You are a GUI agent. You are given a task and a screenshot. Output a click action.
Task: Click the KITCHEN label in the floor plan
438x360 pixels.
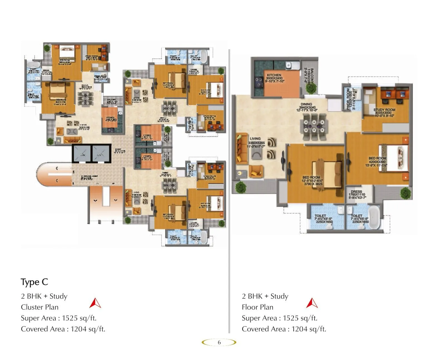coord(274,75)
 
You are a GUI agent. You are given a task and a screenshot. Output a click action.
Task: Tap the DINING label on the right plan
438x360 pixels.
coord(306,104)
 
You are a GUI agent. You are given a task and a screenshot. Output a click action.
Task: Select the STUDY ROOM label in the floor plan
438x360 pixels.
coord(384,110)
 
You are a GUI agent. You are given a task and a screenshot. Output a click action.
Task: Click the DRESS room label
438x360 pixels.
coord(356,192)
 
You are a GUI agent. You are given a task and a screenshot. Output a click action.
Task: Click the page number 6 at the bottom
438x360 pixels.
coord(219,342)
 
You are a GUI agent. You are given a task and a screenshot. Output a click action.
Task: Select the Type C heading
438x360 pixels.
coord(34,282)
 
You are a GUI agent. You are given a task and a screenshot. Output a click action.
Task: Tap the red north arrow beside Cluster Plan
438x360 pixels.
coord(95,303)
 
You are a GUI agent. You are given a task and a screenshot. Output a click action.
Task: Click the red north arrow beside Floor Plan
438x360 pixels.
coord(312,303)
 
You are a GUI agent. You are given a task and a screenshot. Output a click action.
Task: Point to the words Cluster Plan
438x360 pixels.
coord(40,307)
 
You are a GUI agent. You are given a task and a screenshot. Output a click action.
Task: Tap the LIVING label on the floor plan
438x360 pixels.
coord(255,139)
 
